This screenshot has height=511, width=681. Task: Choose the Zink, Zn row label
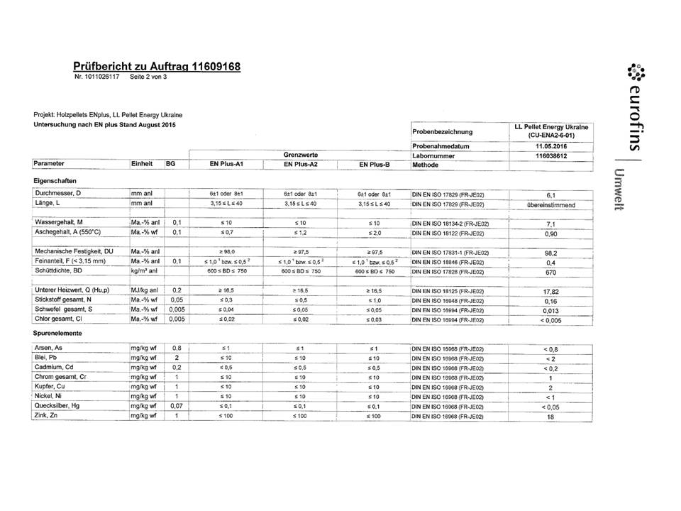click(x=48, y=414)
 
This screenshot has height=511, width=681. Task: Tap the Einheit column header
click(x=142, y=164)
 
